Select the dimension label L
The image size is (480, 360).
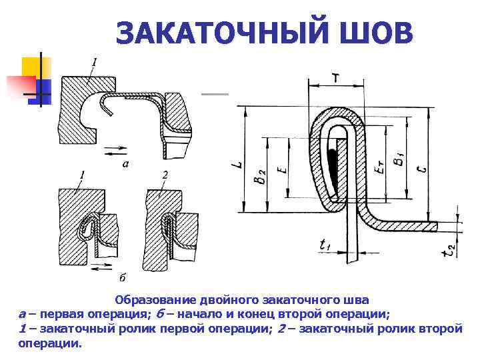pos(239,160)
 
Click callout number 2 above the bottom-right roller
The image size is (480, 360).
pos(164,175)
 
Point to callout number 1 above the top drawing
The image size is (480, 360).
pos(95,62)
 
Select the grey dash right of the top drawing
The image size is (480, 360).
pos(215,95)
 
